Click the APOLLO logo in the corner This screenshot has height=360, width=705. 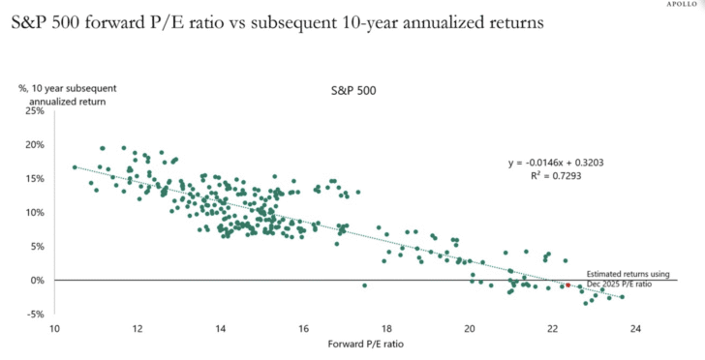click(x=684, y=4)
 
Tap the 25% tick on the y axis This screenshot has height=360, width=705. click(x=34, y=111)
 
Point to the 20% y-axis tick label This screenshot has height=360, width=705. click(x=34, y=145)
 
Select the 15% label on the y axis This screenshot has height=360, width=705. click(x=34, y=179)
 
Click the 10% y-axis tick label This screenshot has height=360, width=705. click(x=34, y=213)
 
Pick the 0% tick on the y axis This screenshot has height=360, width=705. click(x=37, y=281)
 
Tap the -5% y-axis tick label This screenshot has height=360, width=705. click(x=35, y=315)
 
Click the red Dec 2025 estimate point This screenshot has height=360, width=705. click(x=567, y=285)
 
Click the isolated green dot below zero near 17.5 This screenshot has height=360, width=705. click(x=364, y=285)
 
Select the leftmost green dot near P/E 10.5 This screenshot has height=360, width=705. click(x=75, y=167)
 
